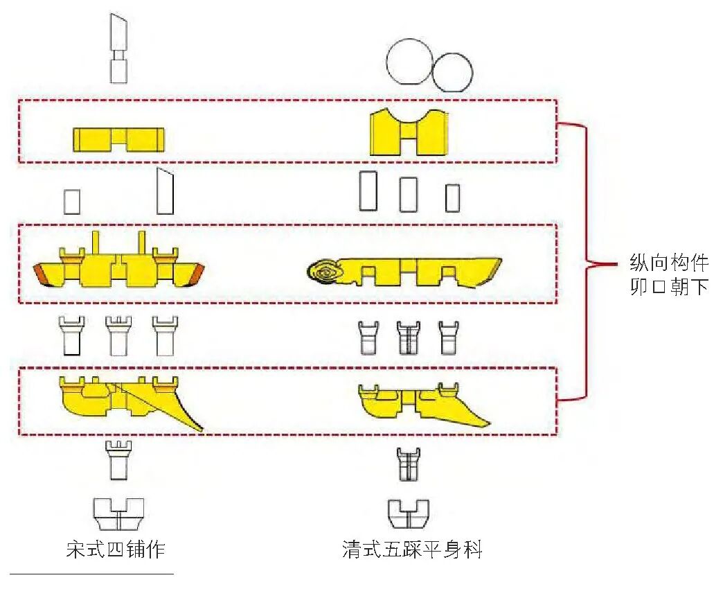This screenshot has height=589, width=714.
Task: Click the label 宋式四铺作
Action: (116, 550)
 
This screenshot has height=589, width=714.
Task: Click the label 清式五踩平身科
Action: (413, 550)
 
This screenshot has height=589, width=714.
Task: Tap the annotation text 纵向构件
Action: (669, 263)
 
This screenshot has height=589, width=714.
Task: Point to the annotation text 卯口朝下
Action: (669, 286)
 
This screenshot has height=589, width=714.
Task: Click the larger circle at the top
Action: (409, 62)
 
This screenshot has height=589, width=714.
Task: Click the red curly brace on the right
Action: (587, 263)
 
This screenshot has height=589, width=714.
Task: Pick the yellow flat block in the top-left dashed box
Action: (118, 140)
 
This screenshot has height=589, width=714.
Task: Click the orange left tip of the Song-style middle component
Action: (45, 274)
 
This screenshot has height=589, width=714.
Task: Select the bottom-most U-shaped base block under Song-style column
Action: (118, 513)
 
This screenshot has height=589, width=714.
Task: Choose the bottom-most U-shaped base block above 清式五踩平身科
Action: (409, 513)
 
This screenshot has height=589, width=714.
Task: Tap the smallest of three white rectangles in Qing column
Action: (453, 197)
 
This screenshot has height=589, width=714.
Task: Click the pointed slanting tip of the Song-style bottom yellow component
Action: (200, 428)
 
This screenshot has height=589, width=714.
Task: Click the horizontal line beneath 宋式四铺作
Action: (92, 574)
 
